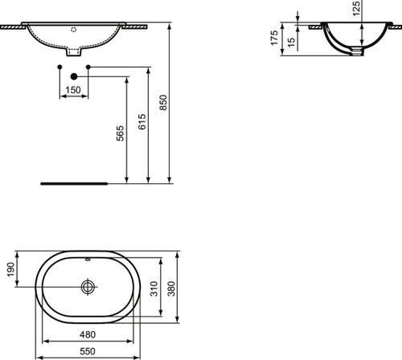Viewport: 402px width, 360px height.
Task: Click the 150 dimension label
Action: tap(73, 90)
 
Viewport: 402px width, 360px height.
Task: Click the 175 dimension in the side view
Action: tap(274, 39)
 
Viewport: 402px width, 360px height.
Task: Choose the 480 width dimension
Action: tap(88, 336)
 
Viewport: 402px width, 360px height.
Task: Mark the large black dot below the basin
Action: tap(73, 76)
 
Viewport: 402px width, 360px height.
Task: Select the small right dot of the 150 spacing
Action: tap(88, 65)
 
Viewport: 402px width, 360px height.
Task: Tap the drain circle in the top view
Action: tap(88, 285)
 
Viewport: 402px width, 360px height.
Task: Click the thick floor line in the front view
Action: tap(73, 182)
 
